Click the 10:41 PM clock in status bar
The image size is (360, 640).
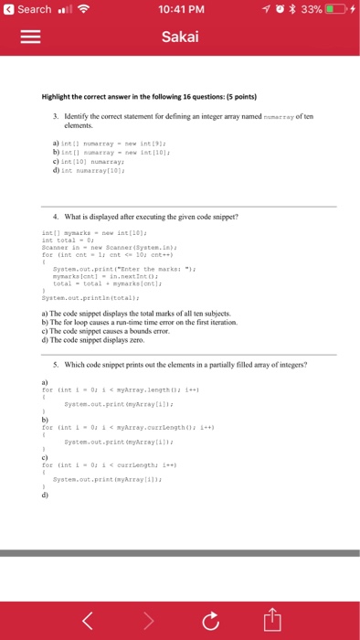(179, 9)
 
